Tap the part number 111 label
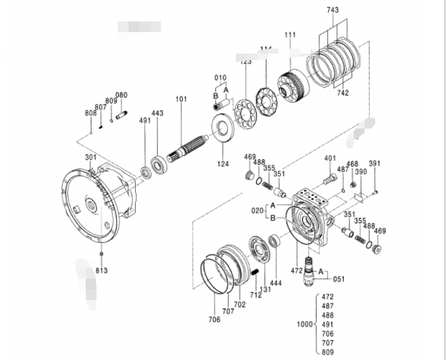[x=289, y=35]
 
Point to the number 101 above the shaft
[x=180, y=99]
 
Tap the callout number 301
[x=91, y=157]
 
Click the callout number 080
[x=122, y=95]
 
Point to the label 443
[x=157, y=114]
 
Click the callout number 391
[x=375, y=164]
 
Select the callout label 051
[x=338, y=280]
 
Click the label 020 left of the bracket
[x=256, y=211]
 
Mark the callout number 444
[x=275, y=284]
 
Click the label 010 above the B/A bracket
[x=220, y=77]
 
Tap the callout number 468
[x=352, y=164]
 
